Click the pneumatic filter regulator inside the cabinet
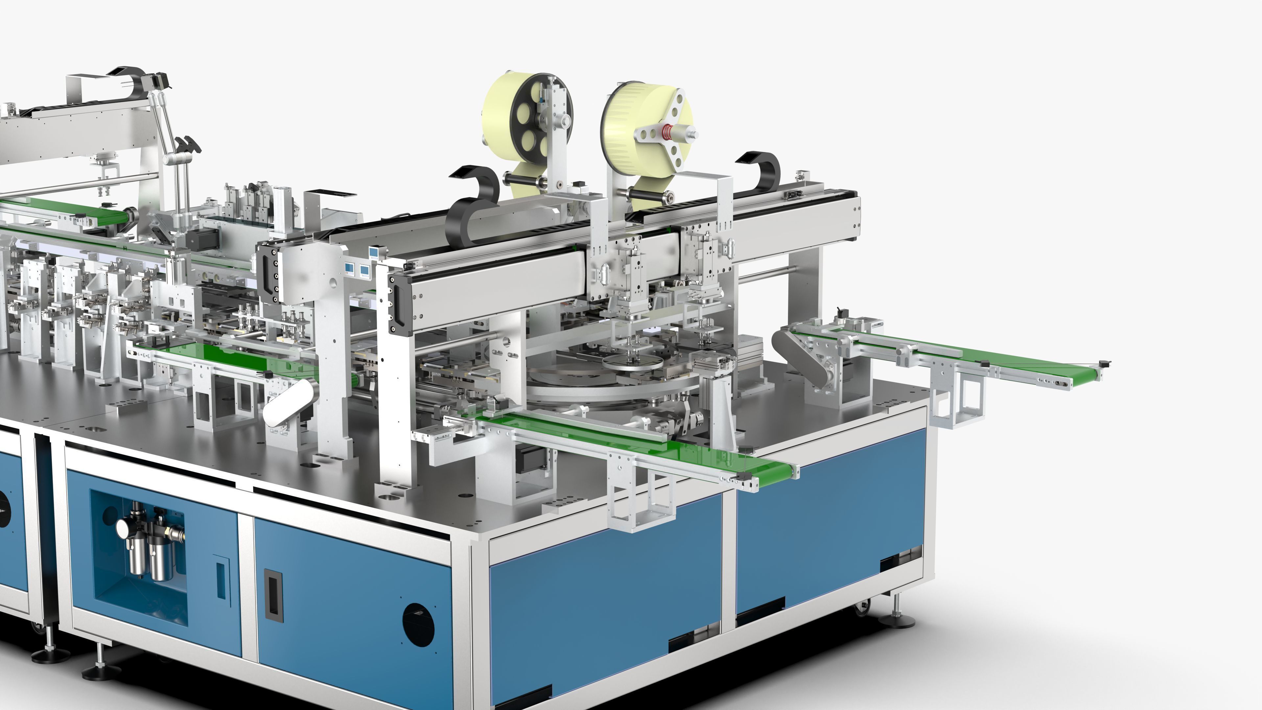click(x=147, y=544)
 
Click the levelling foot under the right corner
click(x=897, y=617)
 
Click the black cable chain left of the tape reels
click(x=473, y=191)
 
